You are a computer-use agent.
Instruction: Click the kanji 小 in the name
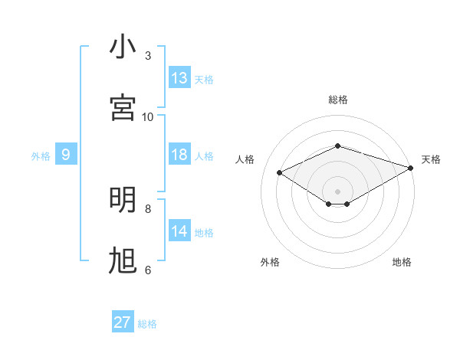122,47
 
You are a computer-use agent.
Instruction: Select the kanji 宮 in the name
122,106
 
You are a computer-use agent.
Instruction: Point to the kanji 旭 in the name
122,260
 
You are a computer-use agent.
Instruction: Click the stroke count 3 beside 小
148,55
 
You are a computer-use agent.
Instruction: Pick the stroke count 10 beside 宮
148,116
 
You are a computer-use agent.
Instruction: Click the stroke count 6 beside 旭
148,270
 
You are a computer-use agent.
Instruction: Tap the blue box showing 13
179,78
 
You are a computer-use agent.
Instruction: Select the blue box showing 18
179,155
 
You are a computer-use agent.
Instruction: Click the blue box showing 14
179,231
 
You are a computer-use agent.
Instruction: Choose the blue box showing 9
66,155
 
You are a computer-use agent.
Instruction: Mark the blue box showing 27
122,322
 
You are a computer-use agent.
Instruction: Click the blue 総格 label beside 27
147,324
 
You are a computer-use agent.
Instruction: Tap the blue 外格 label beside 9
41,156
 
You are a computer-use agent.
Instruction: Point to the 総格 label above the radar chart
338,100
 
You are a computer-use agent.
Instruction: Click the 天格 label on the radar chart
432,159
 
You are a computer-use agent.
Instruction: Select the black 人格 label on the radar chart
245,159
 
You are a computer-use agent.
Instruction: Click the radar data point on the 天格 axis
412,168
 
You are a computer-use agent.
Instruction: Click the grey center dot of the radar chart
337,191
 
